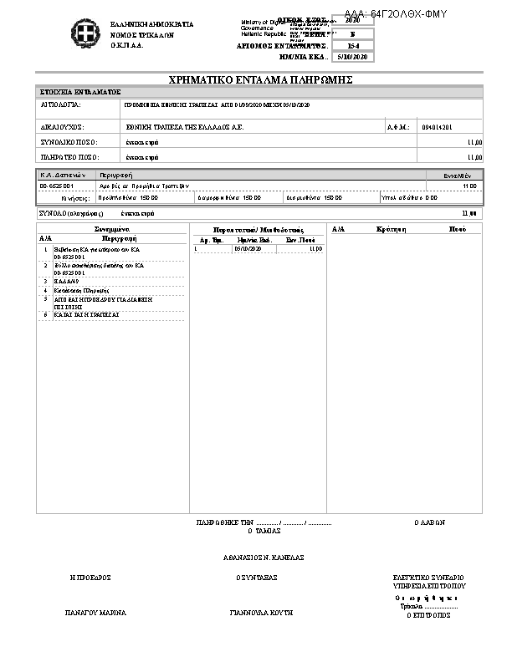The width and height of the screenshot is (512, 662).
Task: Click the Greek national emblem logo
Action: tap(84, 34)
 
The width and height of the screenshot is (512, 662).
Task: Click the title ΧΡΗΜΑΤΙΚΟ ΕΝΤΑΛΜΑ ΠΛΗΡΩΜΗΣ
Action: tap(260, 79)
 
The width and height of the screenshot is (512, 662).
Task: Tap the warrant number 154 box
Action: tap(352, 45)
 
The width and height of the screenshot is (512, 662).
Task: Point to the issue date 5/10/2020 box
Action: tap(351, 57)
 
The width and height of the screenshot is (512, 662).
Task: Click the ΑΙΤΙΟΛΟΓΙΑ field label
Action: tap(60, 107)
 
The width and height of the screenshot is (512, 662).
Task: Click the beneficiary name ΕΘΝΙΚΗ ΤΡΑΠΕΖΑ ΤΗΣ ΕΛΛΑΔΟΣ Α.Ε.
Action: tap(184, 127)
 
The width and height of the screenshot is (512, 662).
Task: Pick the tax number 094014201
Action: tap(438, 127)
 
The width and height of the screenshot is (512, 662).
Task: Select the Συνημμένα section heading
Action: tap(110, 228)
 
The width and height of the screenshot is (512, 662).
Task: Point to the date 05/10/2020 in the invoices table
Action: tap(248, 248)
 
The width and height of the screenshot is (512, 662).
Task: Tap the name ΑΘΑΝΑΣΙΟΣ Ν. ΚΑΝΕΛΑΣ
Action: tap(263, 557)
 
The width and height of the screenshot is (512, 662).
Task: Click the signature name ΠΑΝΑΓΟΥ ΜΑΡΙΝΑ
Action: tap(95, 613)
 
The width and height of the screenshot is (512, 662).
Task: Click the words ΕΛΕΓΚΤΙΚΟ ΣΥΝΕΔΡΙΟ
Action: tap(428, 578)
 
